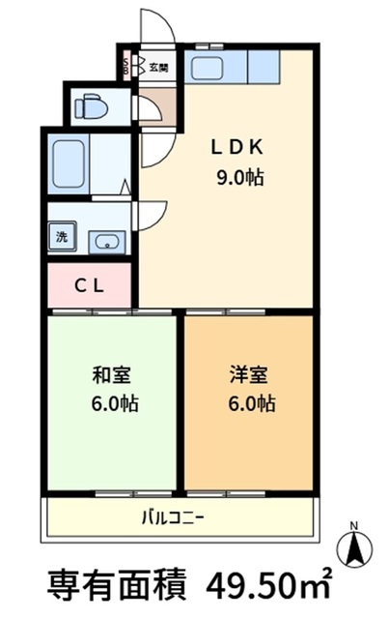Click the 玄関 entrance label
pyautogui.click(x=159, y=68)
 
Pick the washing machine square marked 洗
pyautogui.click(x=61, y=238)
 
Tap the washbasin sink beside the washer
pyautogui.click(x=103, y=242)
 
